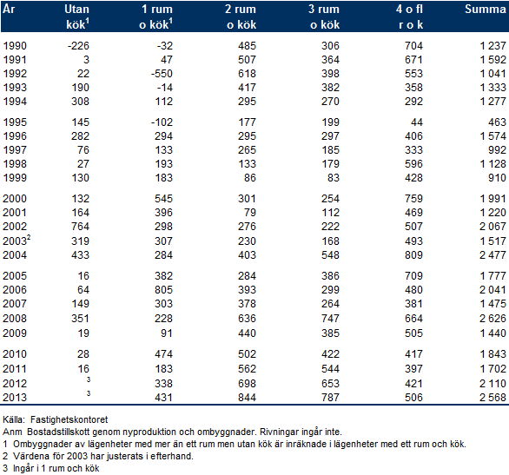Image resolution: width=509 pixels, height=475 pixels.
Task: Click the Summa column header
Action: [x=485, y=9]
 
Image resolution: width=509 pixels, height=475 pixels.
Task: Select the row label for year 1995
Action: [x=15, y=122]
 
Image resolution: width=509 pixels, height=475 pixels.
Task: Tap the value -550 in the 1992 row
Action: [x=162, y=74]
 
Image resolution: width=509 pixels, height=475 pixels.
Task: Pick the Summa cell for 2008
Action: [x=492, y=319]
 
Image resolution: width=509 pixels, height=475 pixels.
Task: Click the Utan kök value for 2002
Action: [x=80, y=227]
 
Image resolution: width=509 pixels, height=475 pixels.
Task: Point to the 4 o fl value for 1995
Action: [x=416, y=122]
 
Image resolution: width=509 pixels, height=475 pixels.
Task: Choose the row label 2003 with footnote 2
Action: [x=17, y=241]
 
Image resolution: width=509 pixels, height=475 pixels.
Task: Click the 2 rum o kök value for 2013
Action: [x=247, y=398]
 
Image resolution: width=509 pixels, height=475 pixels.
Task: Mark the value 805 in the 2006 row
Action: [x=163, y=290]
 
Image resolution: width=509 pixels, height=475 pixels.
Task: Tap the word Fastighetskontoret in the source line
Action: [x=69, y=419]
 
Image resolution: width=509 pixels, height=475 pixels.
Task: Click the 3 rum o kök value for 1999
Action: [x=333, y=178]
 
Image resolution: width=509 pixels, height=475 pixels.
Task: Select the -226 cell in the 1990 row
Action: [x=78, y=46]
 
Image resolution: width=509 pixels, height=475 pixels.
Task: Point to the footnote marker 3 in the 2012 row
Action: [x=89, y=379]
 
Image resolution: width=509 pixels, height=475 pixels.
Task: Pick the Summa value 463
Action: [x=497, y=122]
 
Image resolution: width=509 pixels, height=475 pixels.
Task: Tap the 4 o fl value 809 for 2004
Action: [x=413, y=255]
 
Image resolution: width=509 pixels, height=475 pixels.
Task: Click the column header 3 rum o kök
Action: [x=324, y=16]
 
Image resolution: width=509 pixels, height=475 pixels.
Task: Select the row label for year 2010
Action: [x=15, y=354]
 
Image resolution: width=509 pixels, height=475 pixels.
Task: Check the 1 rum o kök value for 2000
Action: [x=163, y=199]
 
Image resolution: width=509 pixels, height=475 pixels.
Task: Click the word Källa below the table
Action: [x=14, y=419]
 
